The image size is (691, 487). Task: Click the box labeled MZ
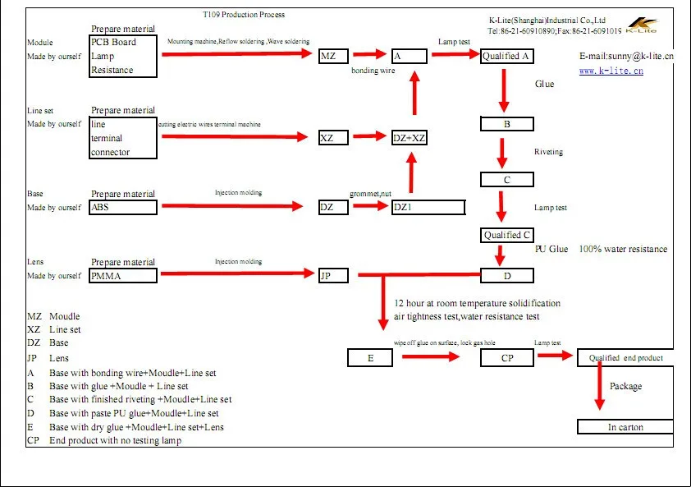[x=333, y=56]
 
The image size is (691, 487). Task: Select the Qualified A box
[x=507, y=56]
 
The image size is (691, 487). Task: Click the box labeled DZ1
[x=428, y=208]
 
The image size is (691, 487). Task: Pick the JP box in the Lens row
[x=333, y=276]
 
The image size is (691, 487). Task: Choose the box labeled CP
[x=507, y=358]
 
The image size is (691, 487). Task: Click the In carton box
[x=625, y=427]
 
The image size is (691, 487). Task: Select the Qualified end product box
[x=625, y=358]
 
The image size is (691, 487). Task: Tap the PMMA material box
[x=123, y=276]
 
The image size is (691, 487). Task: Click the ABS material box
[x=123, y=208]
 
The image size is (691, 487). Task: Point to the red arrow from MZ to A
[x=370, y=56]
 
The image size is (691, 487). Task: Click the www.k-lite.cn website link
[x=611, y=71]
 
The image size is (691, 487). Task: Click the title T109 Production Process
[x=244, y=15]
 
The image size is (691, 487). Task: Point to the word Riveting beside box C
[x=548, y=152]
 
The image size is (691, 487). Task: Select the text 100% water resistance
[x=623, y=249]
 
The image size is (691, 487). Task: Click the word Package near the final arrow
[x=625, y=386]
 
